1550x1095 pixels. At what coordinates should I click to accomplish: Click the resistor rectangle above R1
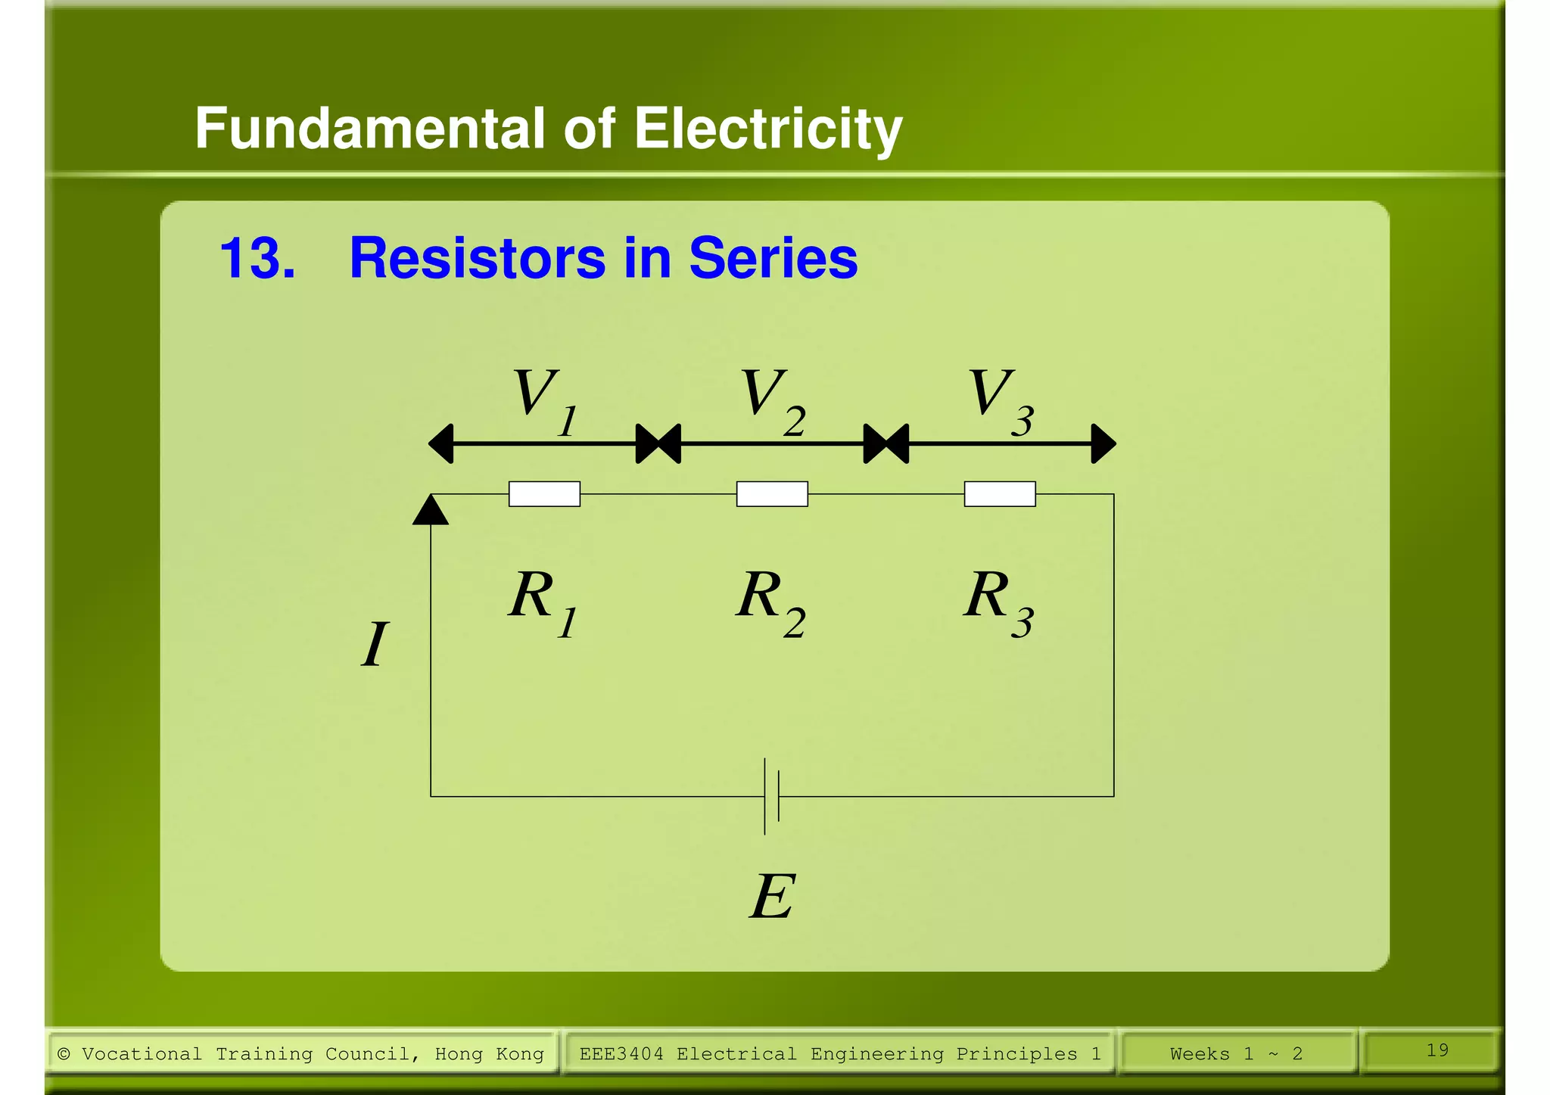click(x=544, y=494)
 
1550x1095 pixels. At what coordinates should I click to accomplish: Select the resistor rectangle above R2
click(x=772, y=494)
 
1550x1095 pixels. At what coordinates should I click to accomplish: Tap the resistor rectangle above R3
click(x=1000, y=494)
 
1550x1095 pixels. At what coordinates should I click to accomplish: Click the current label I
click(x=375, y=645)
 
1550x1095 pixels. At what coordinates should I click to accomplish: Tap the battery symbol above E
click(x=771, y=797)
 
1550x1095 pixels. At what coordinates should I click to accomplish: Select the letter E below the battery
click(x=773, y=897)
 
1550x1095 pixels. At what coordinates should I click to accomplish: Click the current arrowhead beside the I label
click(x=431, y=510)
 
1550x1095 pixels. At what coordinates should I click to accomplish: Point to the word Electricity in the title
click(x=767, y=129)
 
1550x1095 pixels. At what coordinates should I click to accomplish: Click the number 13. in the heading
click(x=257, y=259)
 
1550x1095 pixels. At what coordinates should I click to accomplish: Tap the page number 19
click(x=1437, y=1050)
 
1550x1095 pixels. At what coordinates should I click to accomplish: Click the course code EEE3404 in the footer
click(x=621, y=1054)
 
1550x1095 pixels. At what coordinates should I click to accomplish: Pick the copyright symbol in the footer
click(x=64, y=1054)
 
